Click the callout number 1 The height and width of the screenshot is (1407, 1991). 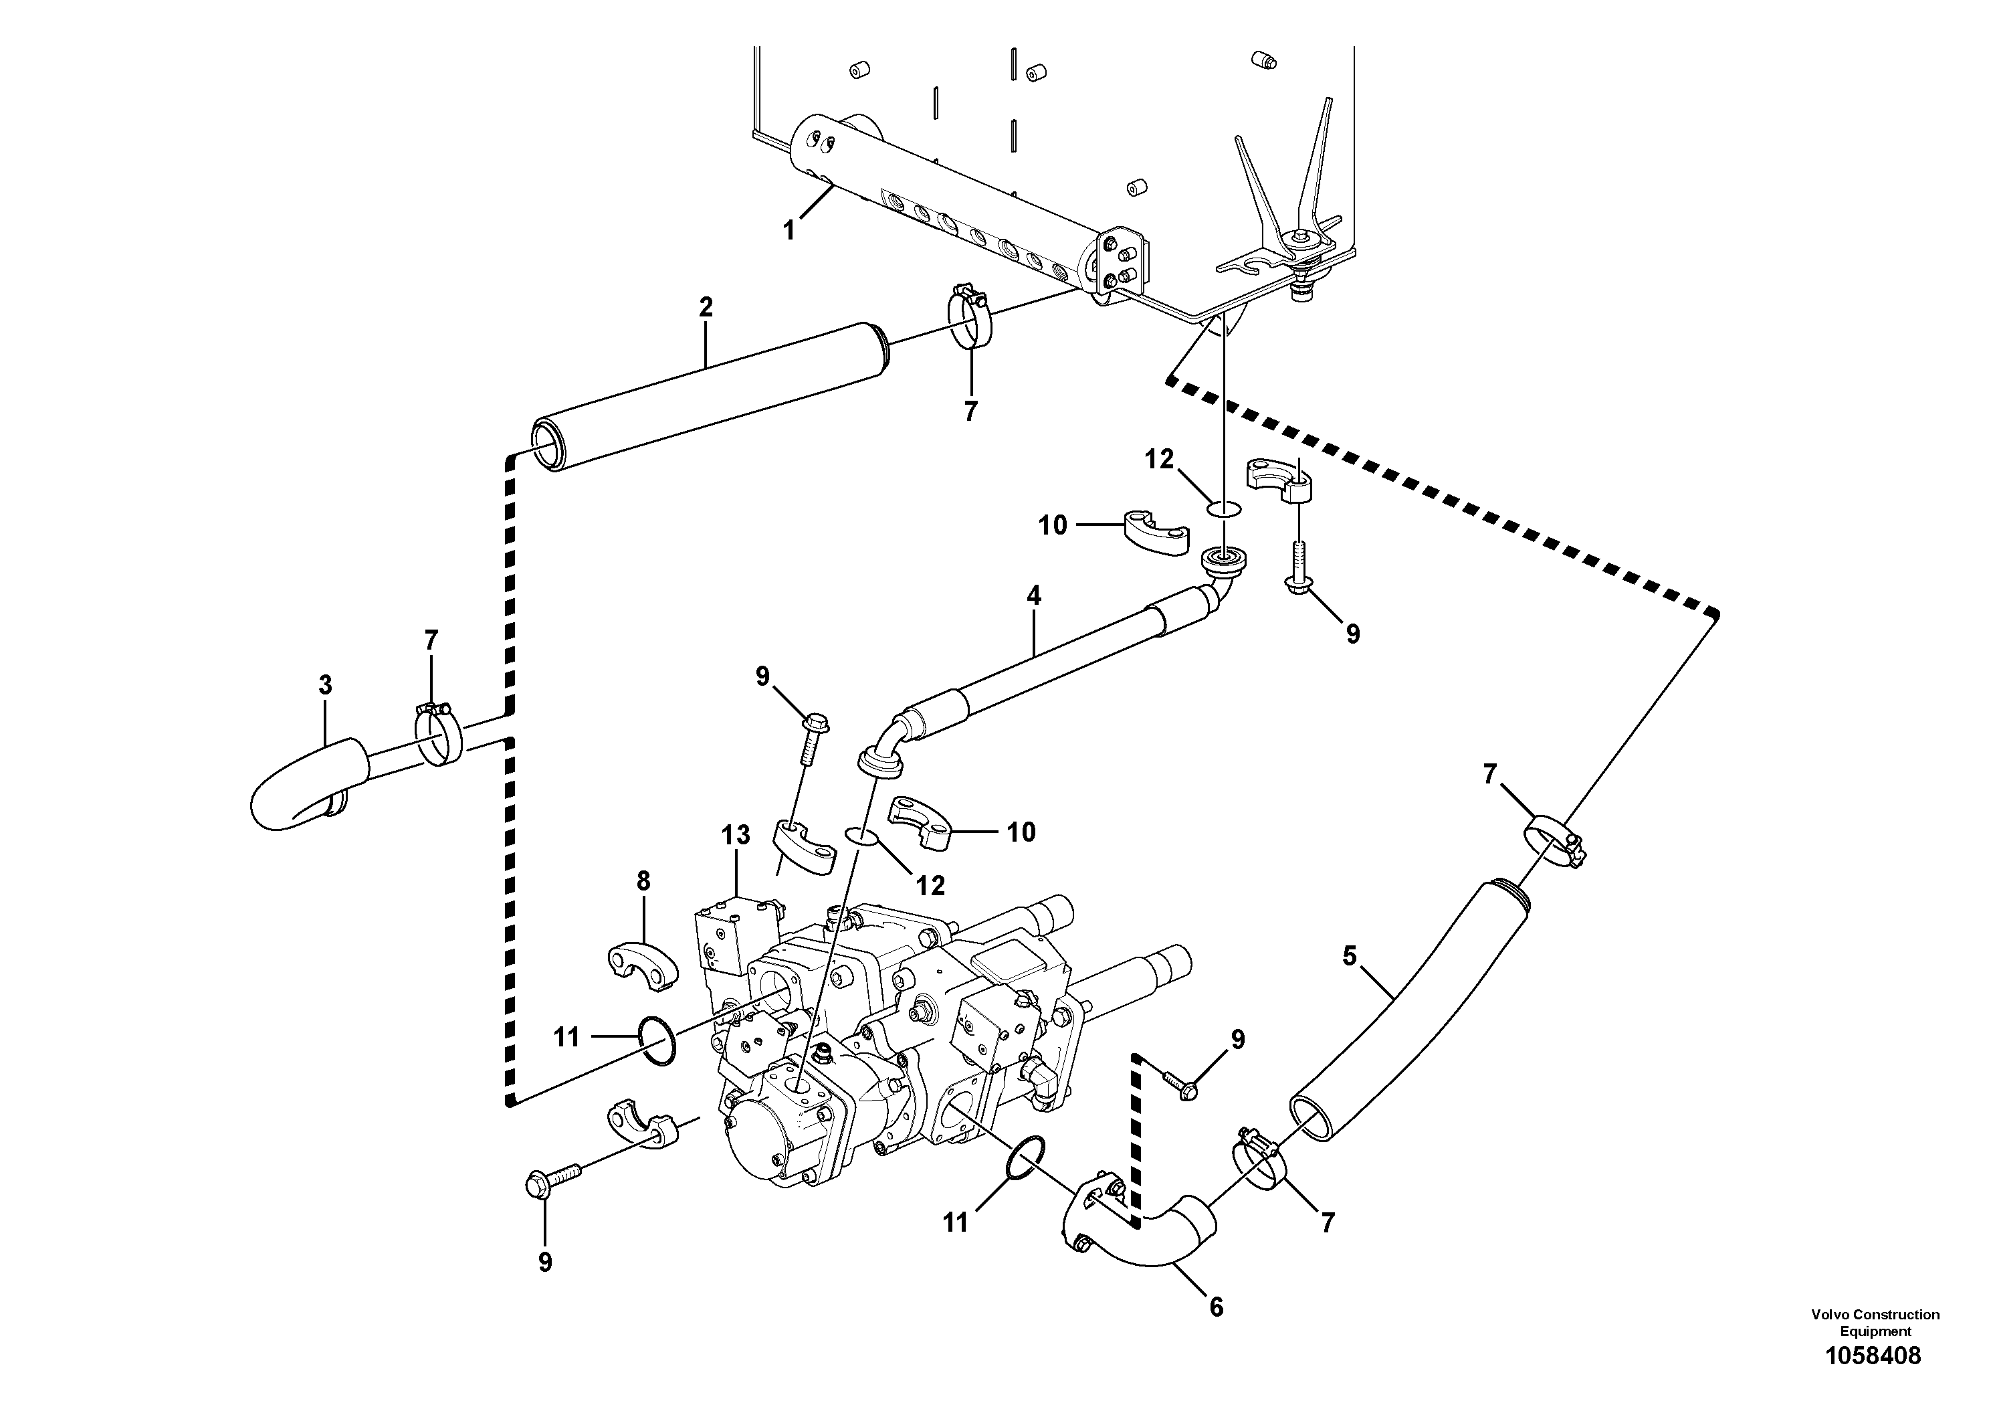click(789, 231)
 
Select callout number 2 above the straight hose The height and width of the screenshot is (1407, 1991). click(706, 306)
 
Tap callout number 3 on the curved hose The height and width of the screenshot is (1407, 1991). click(325, 685)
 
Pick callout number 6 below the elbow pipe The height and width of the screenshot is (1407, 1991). click(1216, 1307)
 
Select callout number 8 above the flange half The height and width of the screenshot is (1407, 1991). click(643, 881)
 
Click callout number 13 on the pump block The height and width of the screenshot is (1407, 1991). click(736, 836)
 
